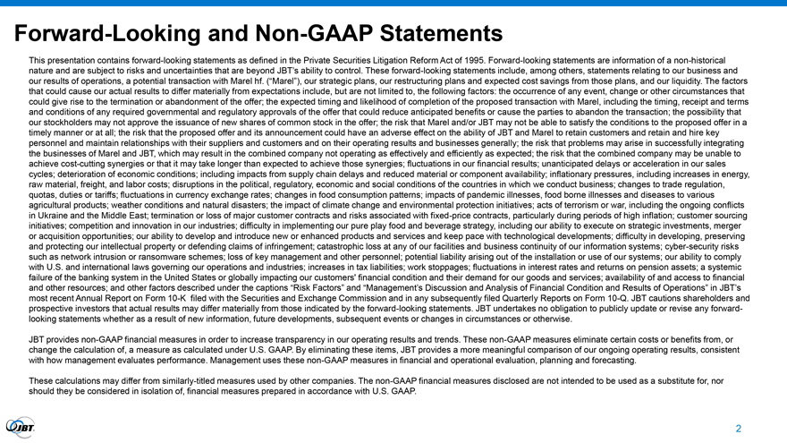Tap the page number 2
click(x=739, y=429)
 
